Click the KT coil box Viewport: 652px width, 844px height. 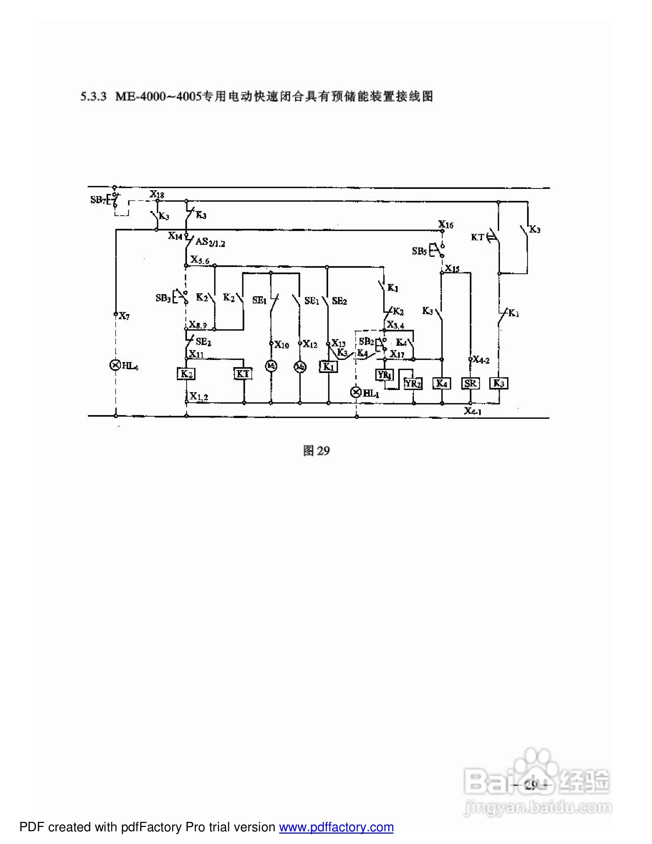click(243, 374)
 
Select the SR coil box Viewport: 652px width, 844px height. click(470, 383)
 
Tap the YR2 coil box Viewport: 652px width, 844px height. click(413, 383)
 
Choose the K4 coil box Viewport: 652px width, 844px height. click(442, 383)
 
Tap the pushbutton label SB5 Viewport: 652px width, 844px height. click(419, 251)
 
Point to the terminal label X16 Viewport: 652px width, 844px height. click(446, 225)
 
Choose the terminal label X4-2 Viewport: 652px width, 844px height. click(481, 360)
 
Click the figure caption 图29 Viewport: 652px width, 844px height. click(316, 451)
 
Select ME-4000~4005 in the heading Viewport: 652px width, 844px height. click(159, 96)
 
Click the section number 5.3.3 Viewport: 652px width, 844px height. click(93, 96)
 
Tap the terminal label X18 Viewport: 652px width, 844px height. click(157, 194)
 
